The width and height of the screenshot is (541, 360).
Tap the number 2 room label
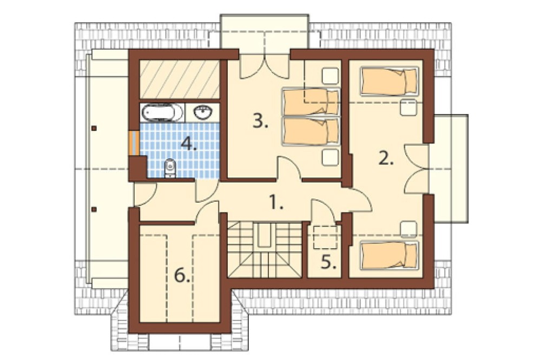coord(386,158)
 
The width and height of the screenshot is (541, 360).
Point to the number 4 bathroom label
coord(189,143)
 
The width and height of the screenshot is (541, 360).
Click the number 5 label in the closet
coord(328,262)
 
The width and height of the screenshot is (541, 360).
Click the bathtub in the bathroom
coord(162,112)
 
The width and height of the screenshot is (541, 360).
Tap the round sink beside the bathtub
coord(202,112)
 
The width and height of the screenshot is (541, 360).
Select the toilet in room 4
coord(170,168)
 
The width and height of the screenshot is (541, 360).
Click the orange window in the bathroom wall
coord(134,143)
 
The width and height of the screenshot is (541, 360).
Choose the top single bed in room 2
coord(389,81)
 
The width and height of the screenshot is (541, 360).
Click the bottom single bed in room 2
coord(389,255)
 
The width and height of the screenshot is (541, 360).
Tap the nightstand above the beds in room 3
coord(330,76)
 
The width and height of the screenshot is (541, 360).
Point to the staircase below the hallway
coord(265,249)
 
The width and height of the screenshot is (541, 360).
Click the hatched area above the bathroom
coord(180,79)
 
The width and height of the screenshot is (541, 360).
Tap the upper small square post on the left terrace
coord(94,128)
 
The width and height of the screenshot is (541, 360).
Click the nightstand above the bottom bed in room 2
coord(409,229)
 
